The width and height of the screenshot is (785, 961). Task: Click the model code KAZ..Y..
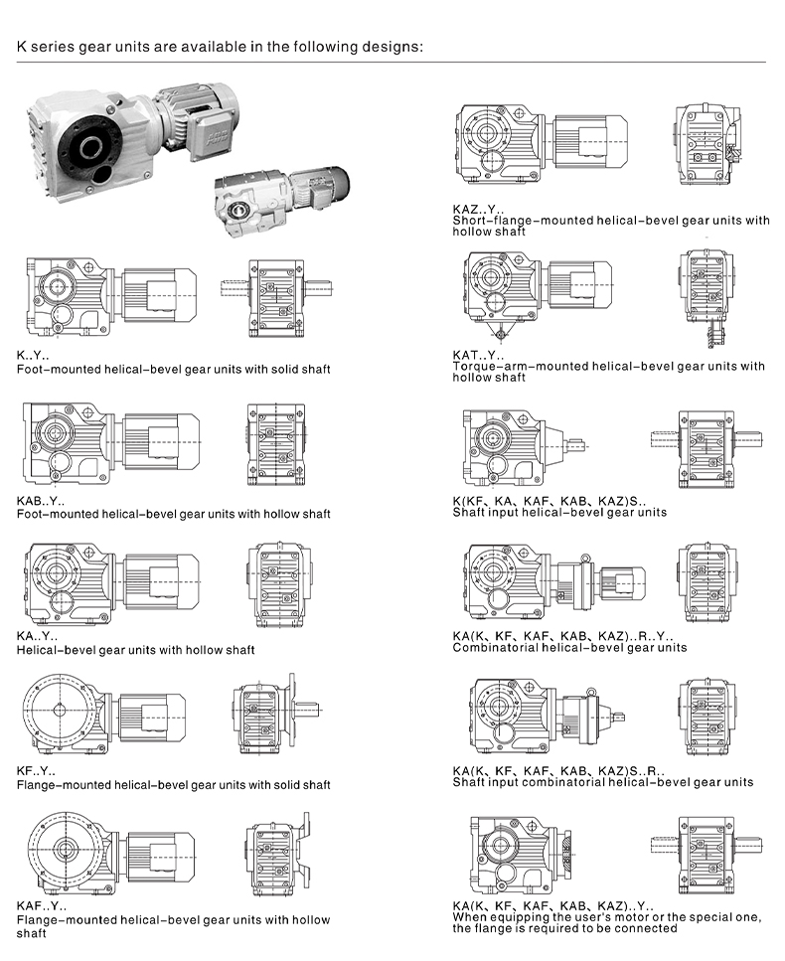pyautogui.click(x=478, y=209)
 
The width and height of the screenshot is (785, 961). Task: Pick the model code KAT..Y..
pyautogui.click(x=478, y=355)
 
